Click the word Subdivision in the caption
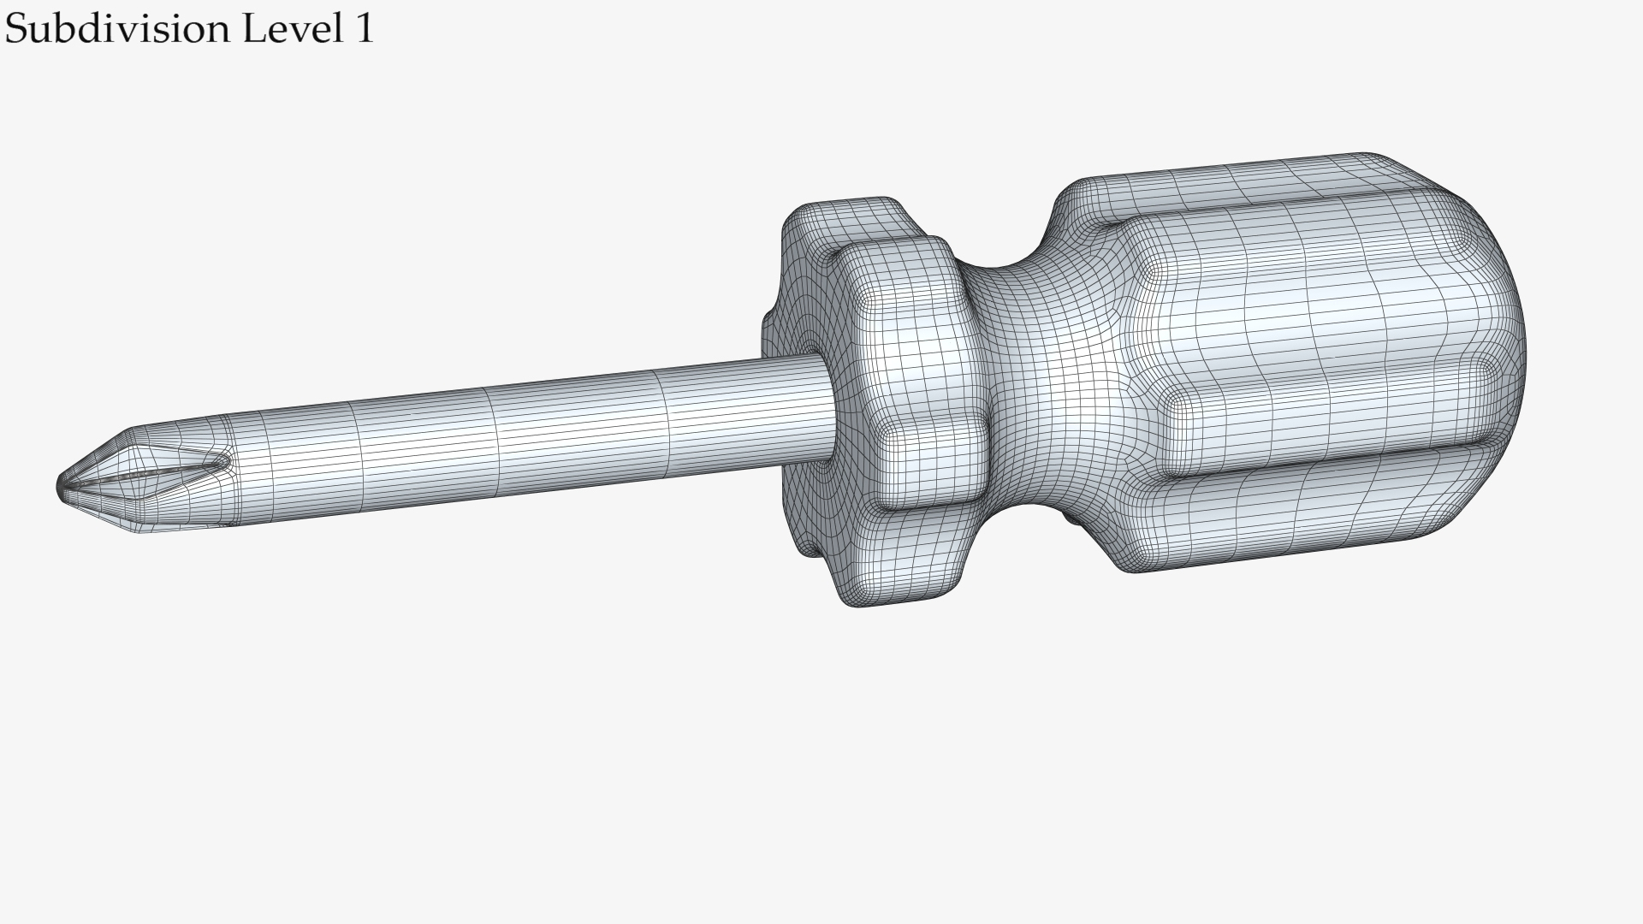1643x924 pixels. tap(118, 30)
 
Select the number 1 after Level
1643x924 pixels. tap(363, 28)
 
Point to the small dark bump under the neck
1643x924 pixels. tap(1070, 517)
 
